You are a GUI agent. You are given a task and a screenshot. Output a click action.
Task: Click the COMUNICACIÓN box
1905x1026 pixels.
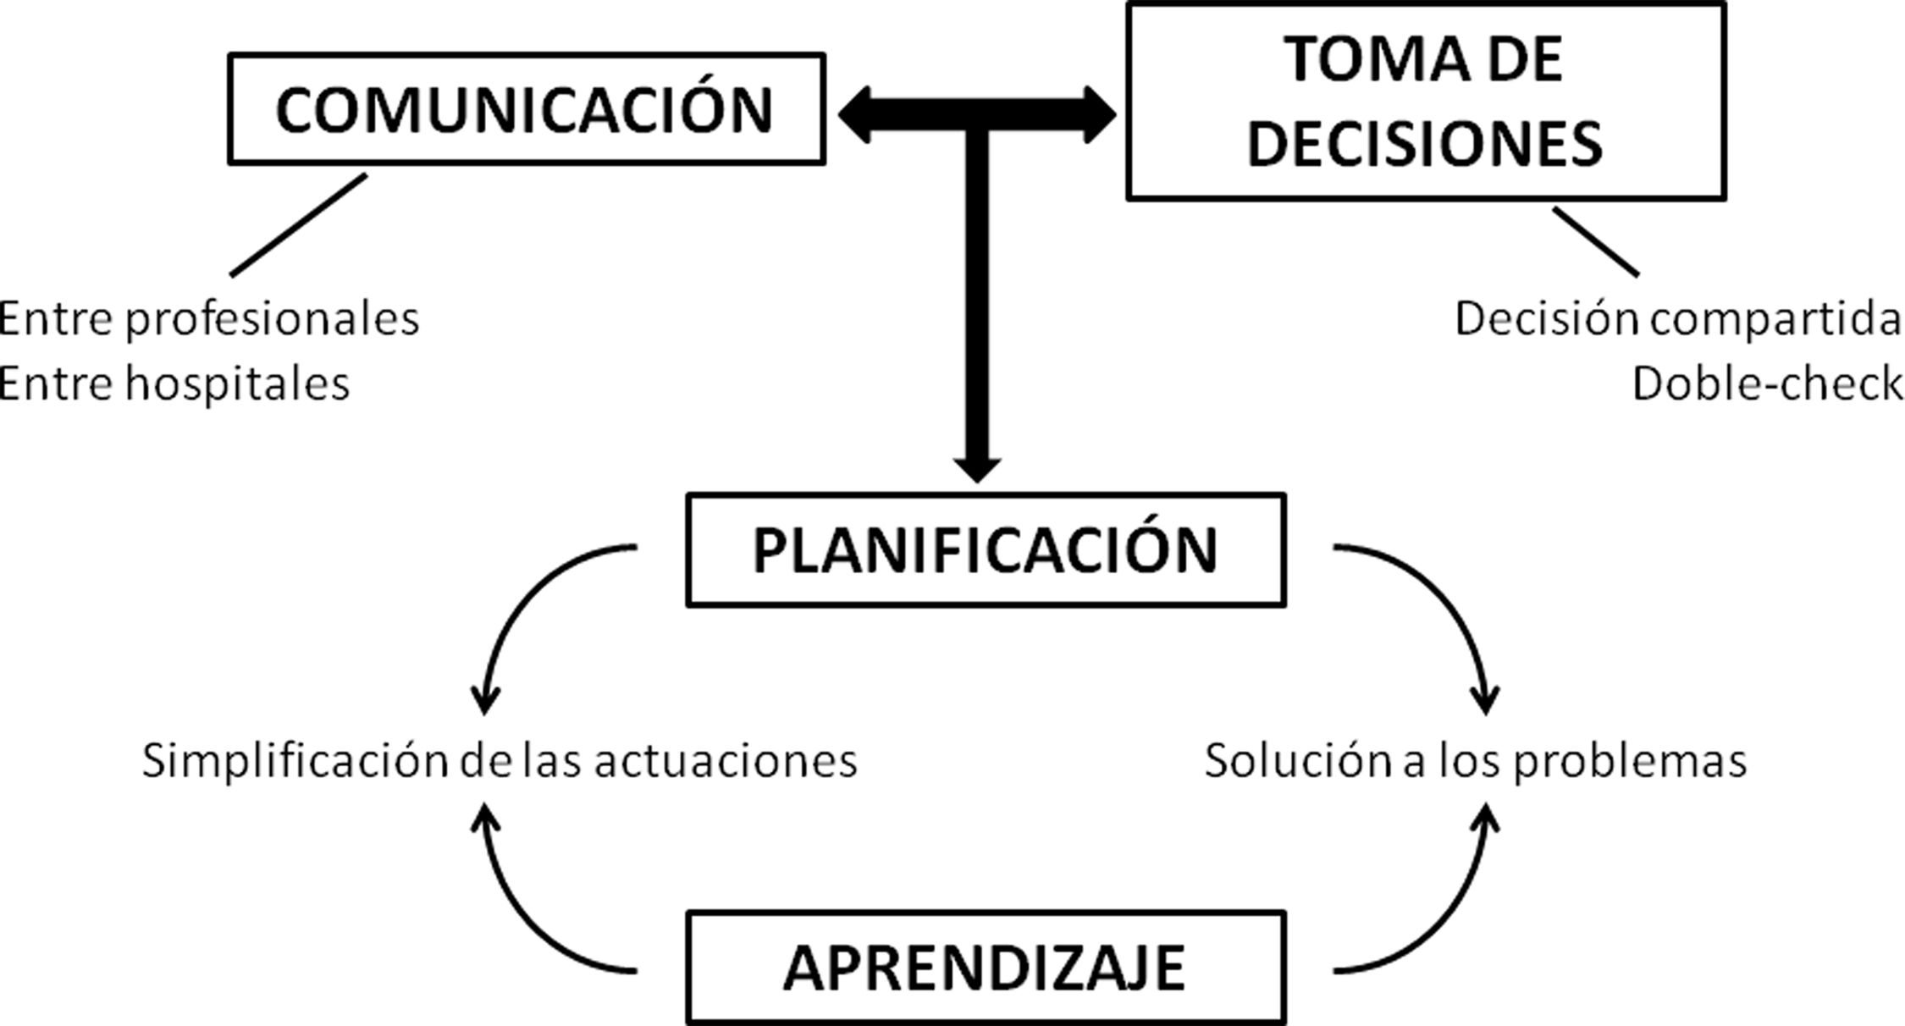pos(526,109)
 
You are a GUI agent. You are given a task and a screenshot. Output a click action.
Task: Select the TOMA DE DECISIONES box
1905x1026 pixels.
pos(1425,102)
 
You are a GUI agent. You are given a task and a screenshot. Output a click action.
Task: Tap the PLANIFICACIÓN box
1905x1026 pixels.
pos(985,550)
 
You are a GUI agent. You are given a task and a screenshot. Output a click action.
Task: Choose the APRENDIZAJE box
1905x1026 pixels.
pos(985,968)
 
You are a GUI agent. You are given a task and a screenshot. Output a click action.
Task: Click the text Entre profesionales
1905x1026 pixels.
pos(208,319)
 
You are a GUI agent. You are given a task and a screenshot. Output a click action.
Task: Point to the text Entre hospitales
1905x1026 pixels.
pos(174,383)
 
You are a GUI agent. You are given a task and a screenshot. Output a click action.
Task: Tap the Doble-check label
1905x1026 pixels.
pos(1767,383)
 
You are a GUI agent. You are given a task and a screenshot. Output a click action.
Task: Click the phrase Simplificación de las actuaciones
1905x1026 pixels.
pos(500,760)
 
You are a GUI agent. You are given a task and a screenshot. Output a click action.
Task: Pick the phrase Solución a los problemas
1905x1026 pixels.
pos(1476,760)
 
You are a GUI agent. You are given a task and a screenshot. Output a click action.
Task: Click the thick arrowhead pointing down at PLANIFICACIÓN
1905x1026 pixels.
pos(977,468)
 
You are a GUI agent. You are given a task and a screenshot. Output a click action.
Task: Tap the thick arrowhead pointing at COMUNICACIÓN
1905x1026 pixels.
pos(857,115)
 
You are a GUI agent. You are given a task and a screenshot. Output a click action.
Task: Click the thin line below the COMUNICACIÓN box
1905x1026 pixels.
pos(298,225)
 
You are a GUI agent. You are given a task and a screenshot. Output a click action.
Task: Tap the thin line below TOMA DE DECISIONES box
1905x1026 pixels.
pos(1595,242)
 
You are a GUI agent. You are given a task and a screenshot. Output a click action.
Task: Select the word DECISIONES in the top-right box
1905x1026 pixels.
pos(1425,143)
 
